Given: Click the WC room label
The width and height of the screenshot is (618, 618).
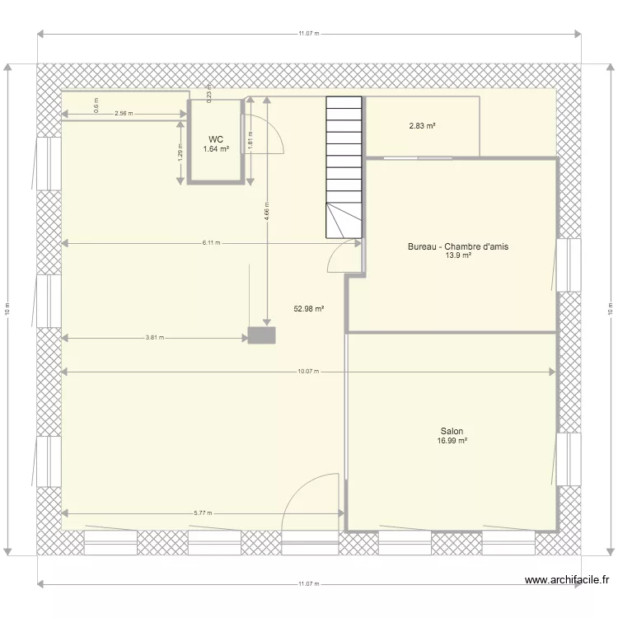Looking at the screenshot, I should click(215, 139).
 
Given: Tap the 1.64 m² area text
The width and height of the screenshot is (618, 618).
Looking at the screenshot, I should click(215, 149).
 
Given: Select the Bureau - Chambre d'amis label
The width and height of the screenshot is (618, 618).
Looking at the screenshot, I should click(458, 246).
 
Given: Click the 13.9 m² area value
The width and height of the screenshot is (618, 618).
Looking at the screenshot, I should click(458, 256).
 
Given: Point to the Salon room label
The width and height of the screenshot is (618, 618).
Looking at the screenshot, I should click(452, 431).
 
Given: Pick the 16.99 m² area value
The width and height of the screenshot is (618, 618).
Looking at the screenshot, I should click(452, 442).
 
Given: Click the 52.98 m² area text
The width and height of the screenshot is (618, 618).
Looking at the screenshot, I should click(308, 309).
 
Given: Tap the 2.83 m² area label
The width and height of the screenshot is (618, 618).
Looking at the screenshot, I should click(422, 126).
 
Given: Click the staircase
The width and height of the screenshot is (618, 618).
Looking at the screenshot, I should click(344, 165).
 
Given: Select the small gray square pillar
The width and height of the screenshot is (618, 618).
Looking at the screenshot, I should click(262, 335).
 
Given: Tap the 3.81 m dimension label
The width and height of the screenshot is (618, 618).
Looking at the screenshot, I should click(154, 337).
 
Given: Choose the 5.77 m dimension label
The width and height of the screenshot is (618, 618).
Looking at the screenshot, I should click(202, 513).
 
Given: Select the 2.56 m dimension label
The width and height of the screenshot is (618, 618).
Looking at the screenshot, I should click(124, 114).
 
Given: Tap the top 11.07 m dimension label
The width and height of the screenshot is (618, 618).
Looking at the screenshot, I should click(308, 34).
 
